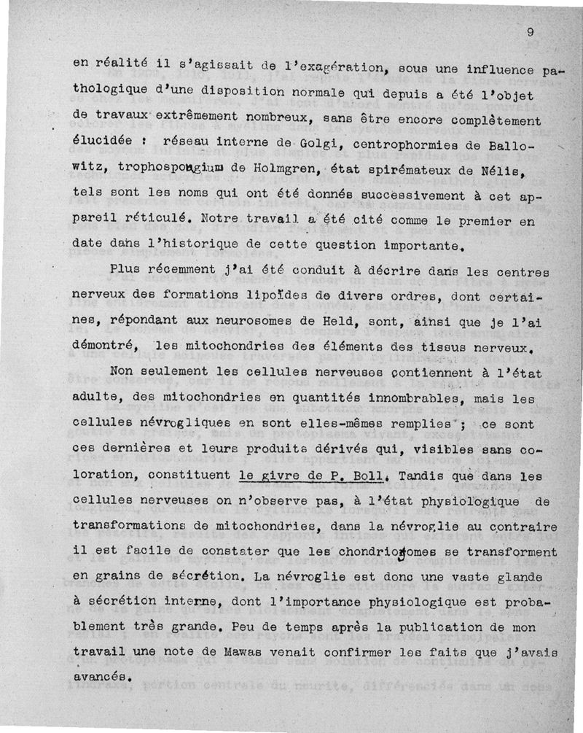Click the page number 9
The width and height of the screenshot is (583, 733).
(x=531, y=31)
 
